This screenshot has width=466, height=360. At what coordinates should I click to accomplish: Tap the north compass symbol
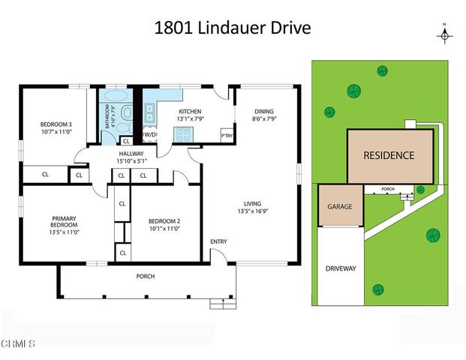pyautogui.click(x=443, y=34)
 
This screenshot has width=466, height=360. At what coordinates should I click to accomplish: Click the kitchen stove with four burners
pyautogui.click(x=182, y=134)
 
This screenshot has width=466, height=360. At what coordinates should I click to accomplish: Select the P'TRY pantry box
pyautogui.click(x=225, y=135)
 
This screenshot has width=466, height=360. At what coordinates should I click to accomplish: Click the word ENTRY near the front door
pyautogui.click(x=219, y=241)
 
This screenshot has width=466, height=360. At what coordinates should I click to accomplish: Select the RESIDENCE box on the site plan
pyautogui.click(x=389, y=156)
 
